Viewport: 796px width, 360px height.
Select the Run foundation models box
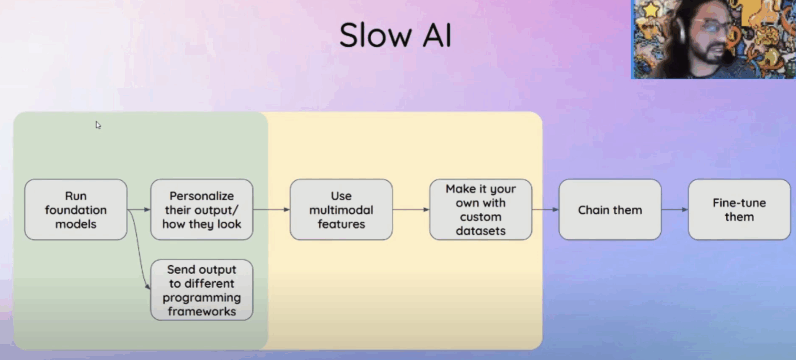coord(76,209)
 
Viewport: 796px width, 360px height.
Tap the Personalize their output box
coord(202,209)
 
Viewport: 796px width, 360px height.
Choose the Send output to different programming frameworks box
coord(202,290)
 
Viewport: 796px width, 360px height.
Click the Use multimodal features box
coord(341,209)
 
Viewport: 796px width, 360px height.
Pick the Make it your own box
coord(481,209)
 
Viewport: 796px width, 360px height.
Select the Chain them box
coord(610,209)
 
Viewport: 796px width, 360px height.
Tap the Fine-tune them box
coord(739,209)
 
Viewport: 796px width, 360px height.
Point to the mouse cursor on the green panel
coord(98,125)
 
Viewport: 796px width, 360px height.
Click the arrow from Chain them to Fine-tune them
coord(675,209)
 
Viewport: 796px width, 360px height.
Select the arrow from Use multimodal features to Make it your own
coord(411,209)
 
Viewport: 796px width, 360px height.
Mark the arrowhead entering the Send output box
coord(148,287)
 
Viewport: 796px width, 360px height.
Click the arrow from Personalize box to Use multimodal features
coord(272,209)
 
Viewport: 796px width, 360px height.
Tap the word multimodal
coord(341,210)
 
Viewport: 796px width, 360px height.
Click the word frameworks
coord(202,311)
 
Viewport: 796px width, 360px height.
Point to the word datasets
coord(481,231)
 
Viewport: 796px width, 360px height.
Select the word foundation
coord(76,210)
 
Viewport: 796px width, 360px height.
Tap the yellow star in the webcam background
coord(650,10)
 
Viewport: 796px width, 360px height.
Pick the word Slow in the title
coord(375,35)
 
